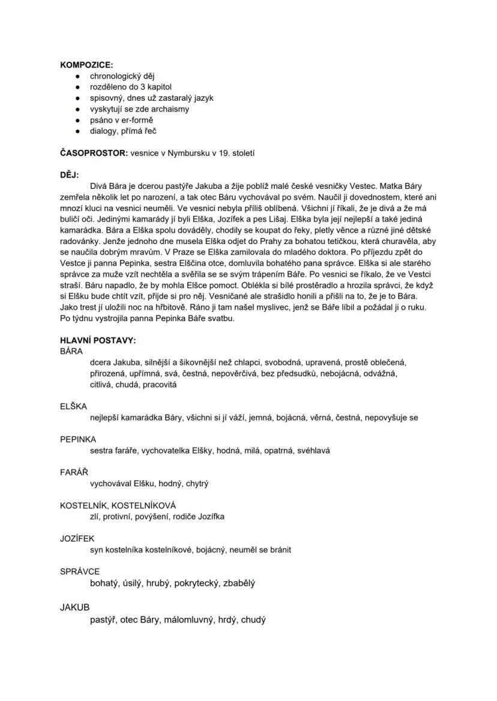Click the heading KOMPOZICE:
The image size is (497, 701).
[86, 65]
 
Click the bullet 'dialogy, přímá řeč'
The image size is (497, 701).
[124, 131]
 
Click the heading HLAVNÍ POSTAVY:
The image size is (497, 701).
[98, 340]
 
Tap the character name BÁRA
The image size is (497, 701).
[71, 351]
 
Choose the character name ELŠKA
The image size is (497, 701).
[73, 406]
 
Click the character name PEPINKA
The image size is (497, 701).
[78, 439]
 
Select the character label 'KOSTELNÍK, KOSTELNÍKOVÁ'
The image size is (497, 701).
[118, 505]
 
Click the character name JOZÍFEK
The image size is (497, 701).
[77, 538]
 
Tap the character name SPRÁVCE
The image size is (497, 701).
[80, 571]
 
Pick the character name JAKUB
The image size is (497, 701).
[74, 607]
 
